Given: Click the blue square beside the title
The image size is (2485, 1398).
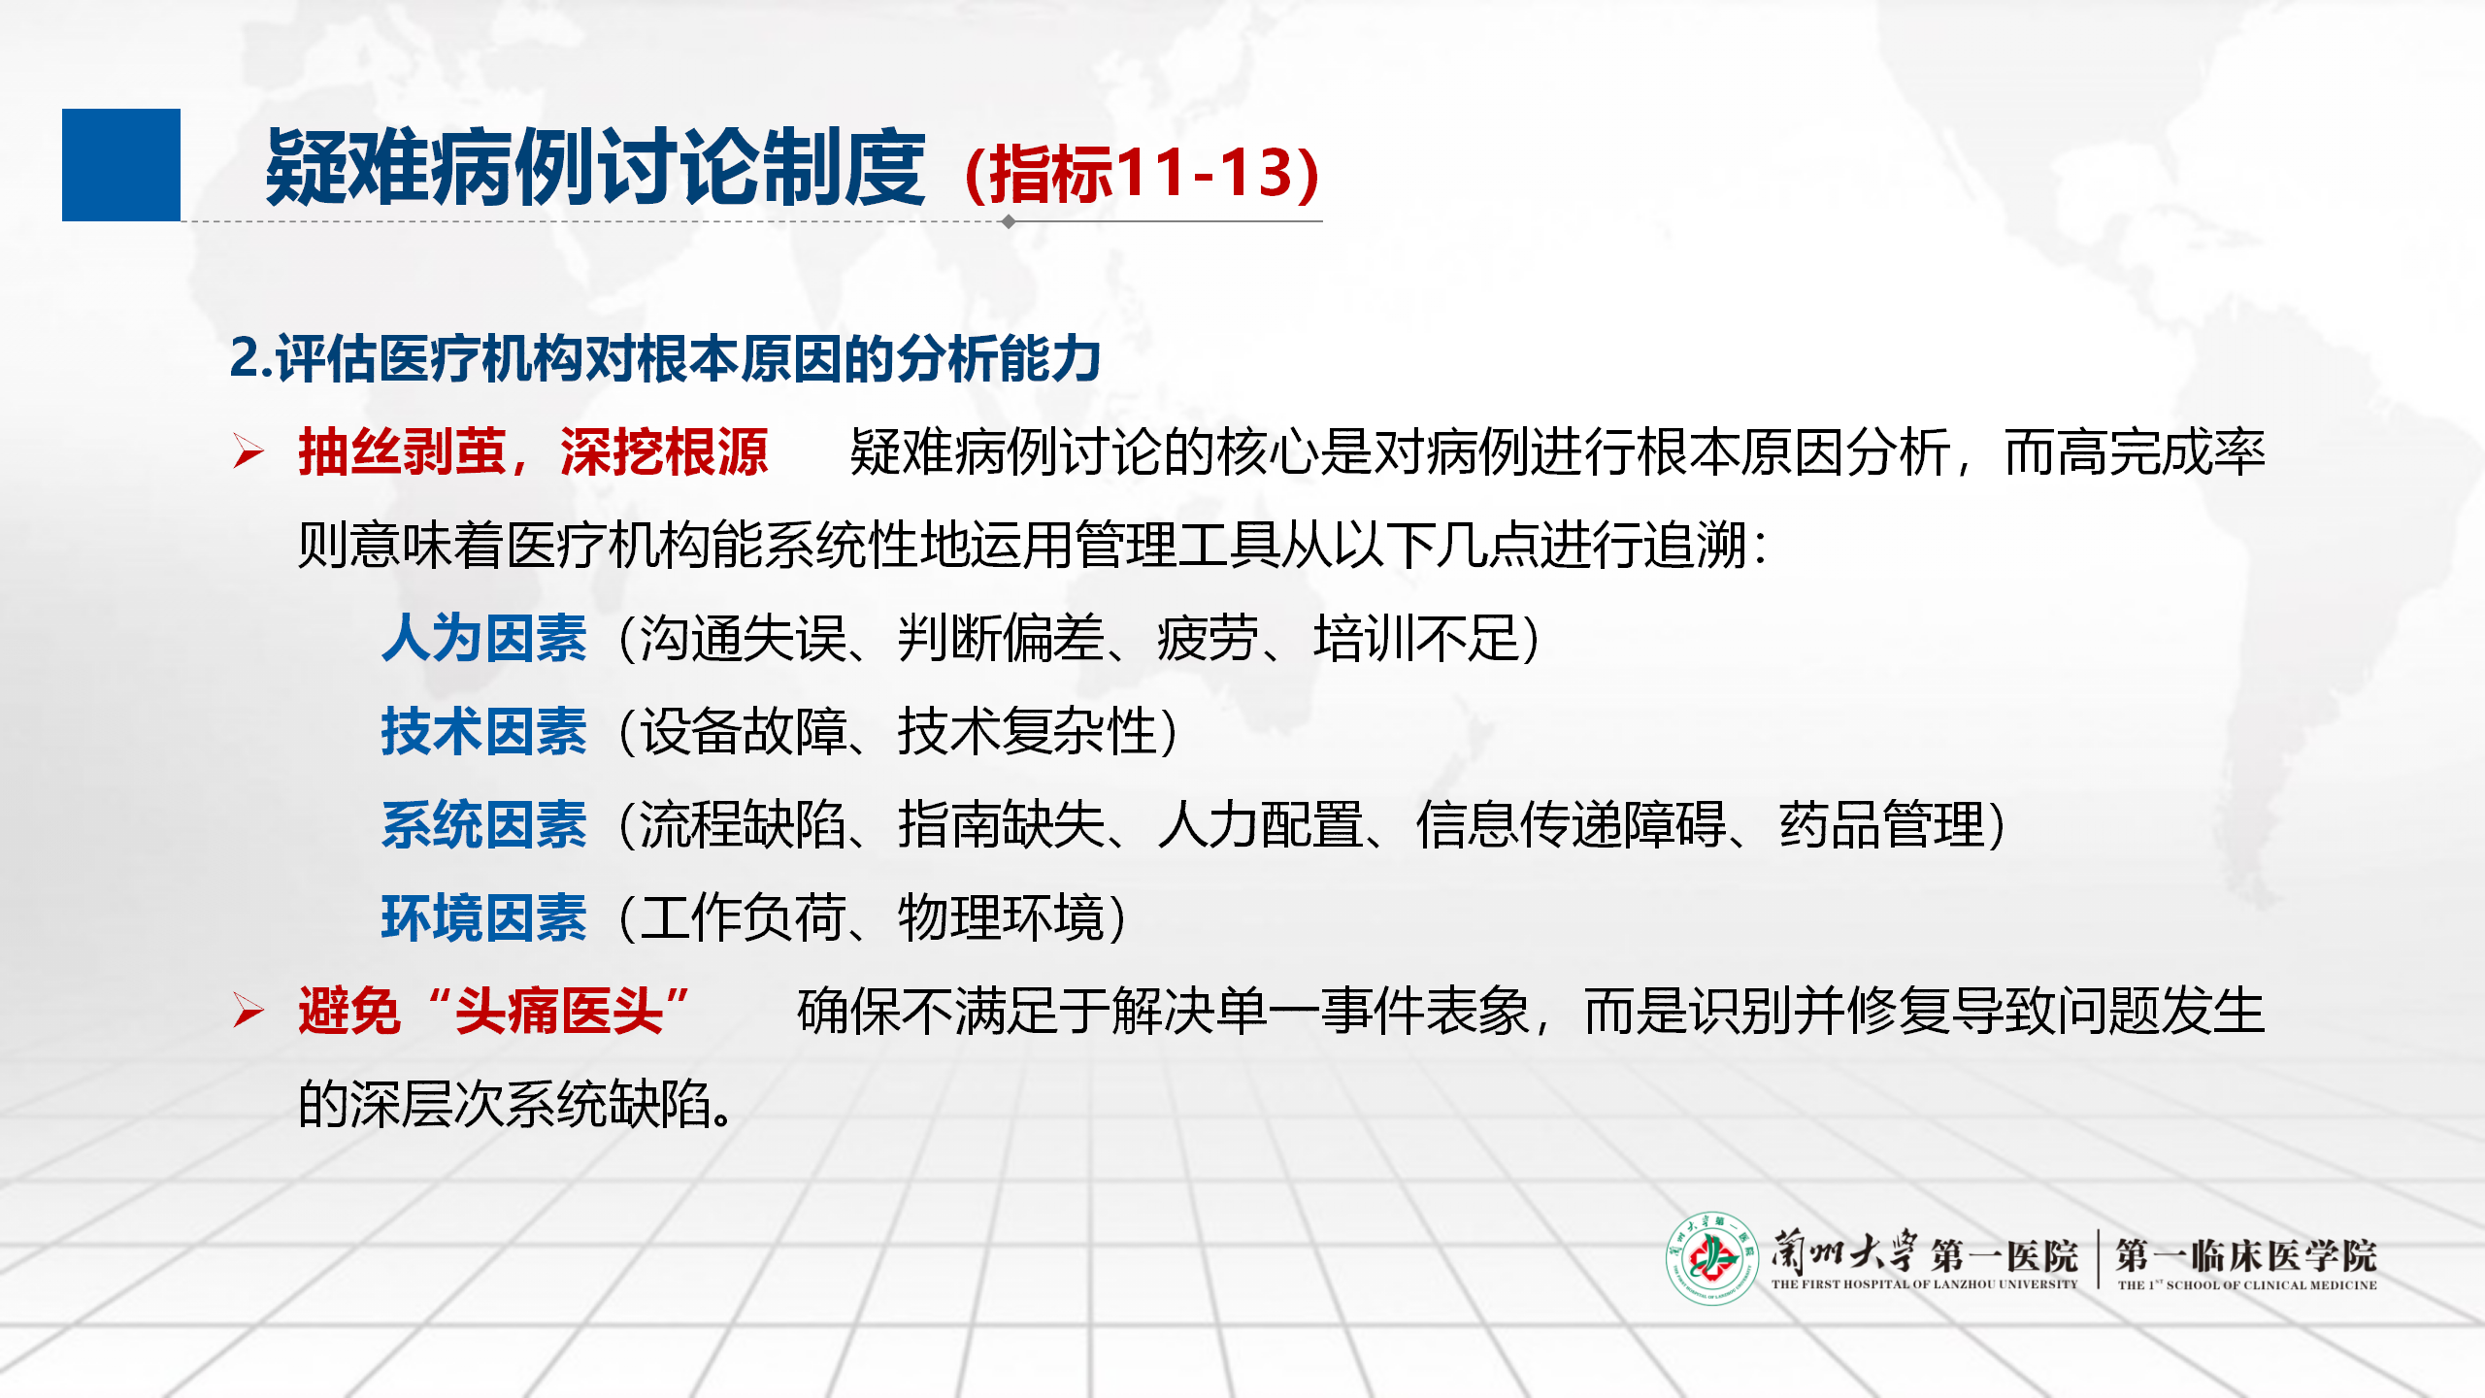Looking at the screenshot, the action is click(121, 165).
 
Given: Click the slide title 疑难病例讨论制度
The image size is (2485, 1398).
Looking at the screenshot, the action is click(595, 168).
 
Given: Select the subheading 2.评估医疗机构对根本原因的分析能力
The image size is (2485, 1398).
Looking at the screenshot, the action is click(665, 358).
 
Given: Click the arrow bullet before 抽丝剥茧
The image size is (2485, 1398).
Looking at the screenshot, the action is click(248, 451).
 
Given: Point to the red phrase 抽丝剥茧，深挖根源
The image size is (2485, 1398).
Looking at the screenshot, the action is click(533, 452).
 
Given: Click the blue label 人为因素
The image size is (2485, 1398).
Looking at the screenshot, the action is click(484, 639).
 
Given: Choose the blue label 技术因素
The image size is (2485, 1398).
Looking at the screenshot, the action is click(484, 731).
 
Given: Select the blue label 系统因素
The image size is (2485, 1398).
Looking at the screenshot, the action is click(484, 825).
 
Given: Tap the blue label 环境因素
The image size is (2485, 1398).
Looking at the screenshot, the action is click(484, 918).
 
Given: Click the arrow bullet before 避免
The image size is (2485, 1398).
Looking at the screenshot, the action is click(248, 1011).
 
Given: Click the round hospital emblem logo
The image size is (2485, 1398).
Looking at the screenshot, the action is click(1712, 1258).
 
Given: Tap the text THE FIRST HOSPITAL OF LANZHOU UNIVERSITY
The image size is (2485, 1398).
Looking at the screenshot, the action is click(1924, 1284).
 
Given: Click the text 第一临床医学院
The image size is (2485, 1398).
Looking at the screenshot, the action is click(2246, 1255).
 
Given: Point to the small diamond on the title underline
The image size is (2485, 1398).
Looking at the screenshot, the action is click(1009, 221).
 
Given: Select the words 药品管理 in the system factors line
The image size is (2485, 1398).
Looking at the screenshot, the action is click(1882, 825).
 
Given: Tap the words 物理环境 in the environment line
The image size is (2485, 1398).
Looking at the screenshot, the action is click(1001, 918).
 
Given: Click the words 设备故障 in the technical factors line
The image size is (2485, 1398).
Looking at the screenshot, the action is click(743, 731).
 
